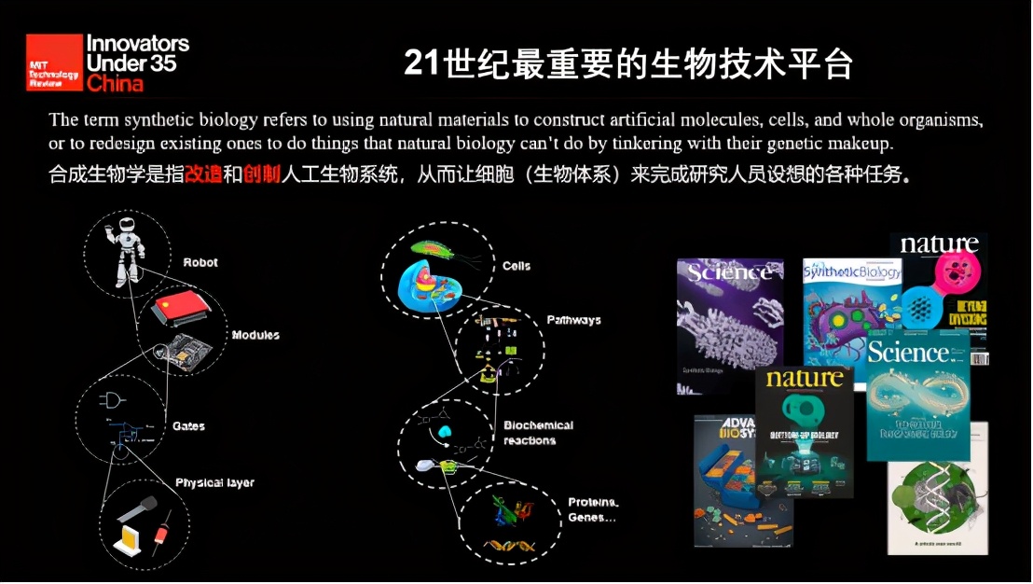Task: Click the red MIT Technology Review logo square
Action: point(54,63)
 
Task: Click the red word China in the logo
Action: point(116,84)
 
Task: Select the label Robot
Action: point(200,262)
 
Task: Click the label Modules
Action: point(255,335)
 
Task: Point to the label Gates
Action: point(188,426)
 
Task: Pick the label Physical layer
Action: point(214,482)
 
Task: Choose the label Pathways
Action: point(573,320)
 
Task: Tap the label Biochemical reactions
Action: point(538,432)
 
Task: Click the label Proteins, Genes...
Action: point(593,509)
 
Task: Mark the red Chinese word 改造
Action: point(204,174)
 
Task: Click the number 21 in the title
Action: point(421,63)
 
